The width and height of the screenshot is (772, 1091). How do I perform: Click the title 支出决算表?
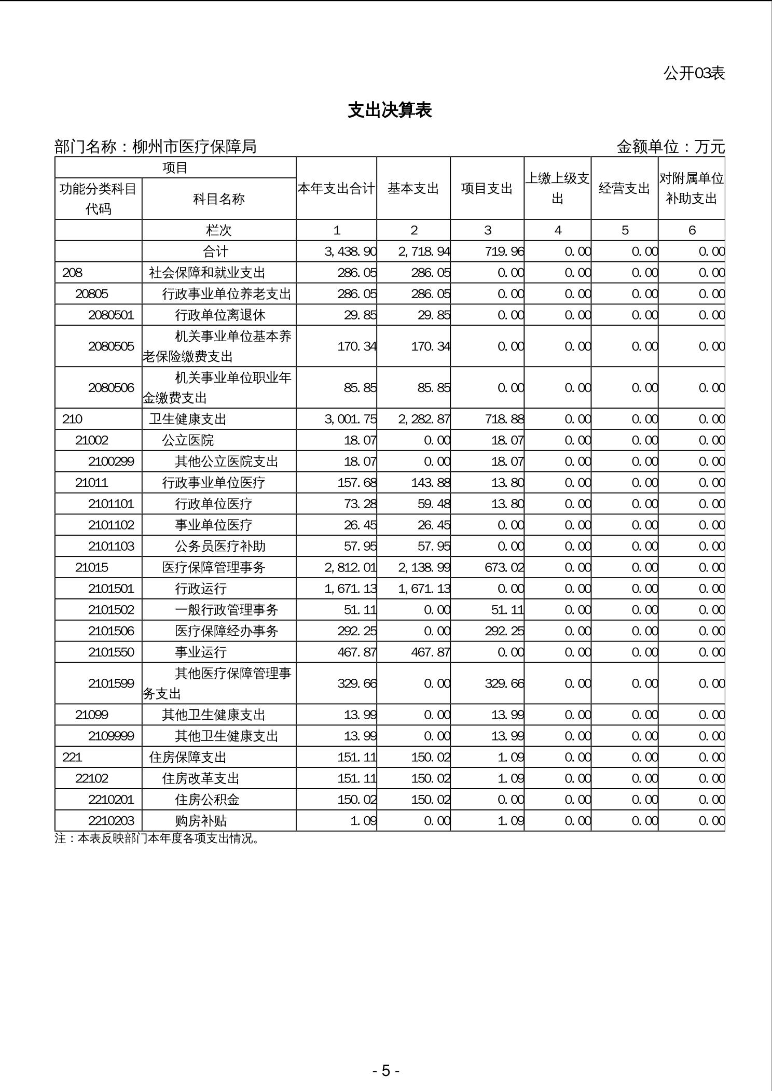390,110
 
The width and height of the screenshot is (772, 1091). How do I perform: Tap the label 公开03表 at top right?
694,73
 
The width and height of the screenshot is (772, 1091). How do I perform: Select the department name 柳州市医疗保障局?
195,147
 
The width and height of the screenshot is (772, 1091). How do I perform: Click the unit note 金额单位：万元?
670,147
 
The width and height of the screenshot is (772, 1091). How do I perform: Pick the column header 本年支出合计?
336,188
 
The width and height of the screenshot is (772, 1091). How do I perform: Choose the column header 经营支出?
624,188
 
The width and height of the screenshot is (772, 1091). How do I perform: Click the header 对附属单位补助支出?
691,188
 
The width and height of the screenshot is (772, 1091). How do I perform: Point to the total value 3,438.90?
350,251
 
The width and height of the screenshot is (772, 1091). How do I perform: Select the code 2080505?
111,346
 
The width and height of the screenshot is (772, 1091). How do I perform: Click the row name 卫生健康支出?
188,419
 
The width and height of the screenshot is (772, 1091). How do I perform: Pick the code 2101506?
111,631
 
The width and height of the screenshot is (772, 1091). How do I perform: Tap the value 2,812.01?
350,567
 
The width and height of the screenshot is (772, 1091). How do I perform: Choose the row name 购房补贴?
200,821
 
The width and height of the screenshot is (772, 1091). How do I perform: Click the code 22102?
92,778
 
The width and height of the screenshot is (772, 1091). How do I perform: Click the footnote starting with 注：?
157,838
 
